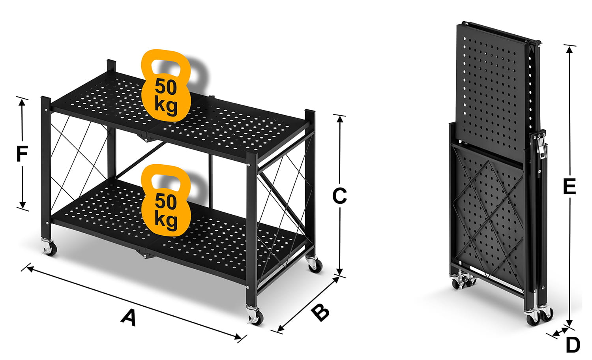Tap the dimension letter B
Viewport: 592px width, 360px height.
[320, 313]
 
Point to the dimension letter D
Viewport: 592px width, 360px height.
[573, 345]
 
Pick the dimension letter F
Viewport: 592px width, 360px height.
[22, 154]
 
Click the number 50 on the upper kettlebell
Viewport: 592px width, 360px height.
[166, 87]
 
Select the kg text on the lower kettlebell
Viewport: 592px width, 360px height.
[166, 220]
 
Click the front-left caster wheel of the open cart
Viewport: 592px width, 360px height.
[50, 248]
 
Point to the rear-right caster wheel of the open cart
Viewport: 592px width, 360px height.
[315, 264]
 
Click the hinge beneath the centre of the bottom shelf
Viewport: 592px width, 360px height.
[144, 253]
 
